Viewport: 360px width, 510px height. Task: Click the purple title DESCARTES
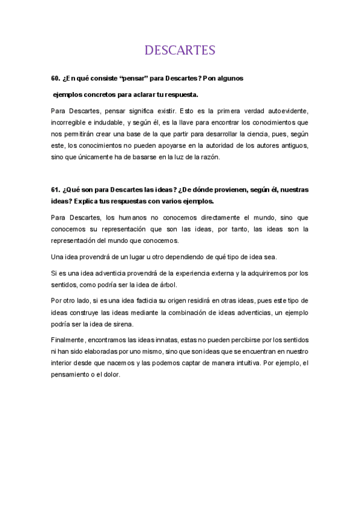tap(180, 50)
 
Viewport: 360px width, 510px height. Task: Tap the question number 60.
tap(55, 79)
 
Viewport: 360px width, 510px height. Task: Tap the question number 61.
tap(55, 189)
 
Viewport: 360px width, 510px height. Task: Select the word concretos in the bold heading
tap(99, 94)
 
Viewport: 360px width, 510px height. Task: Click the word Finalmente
tap(70, 340)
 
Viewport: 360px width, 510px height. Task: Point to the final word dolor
tap(111, 375)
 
